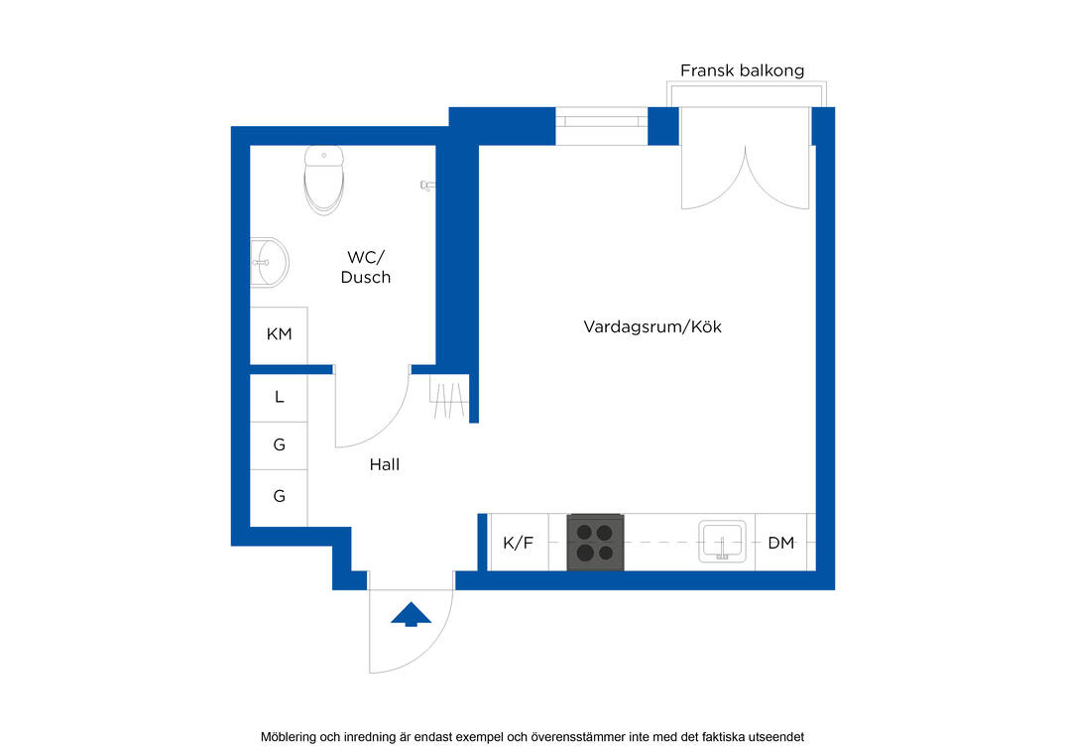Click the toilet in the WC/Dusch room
click(x=323, y=180)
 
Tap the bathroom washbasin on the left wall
click(x=270, y=263)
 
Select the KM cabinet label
click(x=279, y=333)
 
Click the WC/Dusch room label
click(x=366, y=267)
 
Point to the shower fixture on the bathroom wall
click(x=427, y=185)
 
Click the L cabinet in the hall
click(x=279, y=398)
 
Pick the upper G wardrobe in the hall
click(x=279, y=445)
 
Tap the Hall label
click(x=384, y=464)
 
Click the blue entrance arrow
click(x=411, y=614)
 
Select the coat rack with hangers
click(x=448, y=397)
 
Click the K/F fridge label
click(x=518, y=543)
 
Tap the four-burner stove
click(x=596, y=542)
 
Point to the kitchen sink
click(x=722, y=542)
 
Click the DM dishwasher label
click(x=781, y=543)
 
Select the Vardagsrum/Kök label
click(x=651, y=326)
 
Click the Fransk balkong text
click(x=742, y=70)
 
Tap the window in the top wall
click(x=602, y=122)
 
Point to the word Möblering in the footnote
click(x=289, y=737)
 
